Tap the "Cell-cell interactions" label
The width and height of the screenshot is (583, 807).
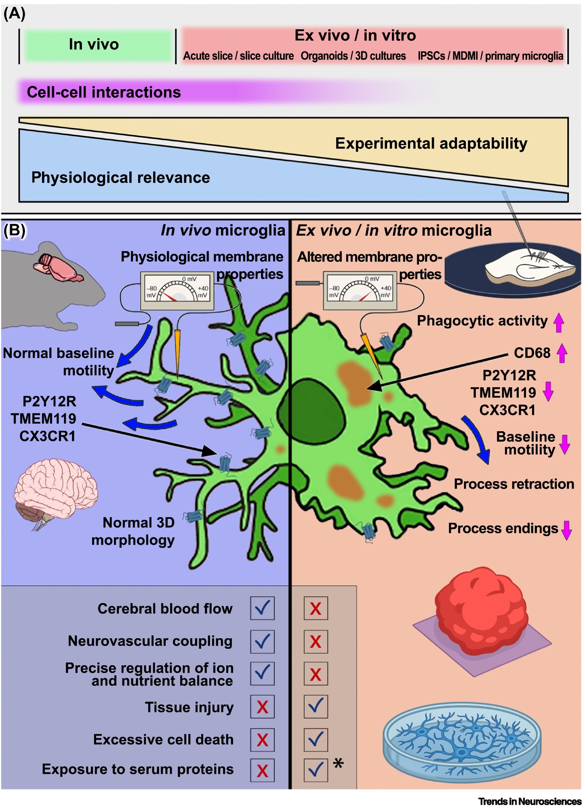pyautogui.click(x=104, y=92)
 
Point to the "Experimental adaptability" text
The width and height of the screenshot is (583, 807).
pyautogui.click(x=431, y=144)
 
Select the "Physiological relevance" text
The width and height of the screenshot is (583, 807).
pyautogui.click(x=120, y=178)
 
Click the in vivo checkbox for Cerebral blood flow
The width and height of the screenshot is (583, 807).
pyautogui.click(x=262, y=608)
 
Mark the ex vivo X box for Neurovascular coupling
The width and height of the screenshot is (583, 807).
pyautogui.click(x=316, y=641)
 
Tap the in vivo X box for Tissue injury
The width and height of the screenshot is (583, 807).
pyautogui.click(x=262, y=707)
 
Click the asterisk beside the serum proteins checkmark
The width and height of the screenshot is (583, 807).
pyautogui.click(x=338, y=763)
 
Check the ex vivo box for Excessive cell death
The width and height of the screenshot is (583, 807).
pyautogui.click(x=316, y=740)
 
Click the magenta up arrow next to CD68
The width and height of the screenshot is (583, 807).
pyautogui.click(x=562, y=353)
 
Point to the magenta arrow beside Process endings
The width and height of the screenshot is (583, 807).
pyautogui.click(x=567, y=530)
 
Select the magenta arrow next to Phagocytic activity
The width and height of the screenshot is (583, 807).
pyautogui.click(x=559, y=323)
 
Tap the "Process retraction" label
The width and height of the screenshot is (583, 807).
pyautogui.click(x=514, y=484)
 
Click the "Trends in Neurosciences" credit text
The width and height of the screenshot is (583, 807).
pyautogui.click(x=530, y=801)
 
